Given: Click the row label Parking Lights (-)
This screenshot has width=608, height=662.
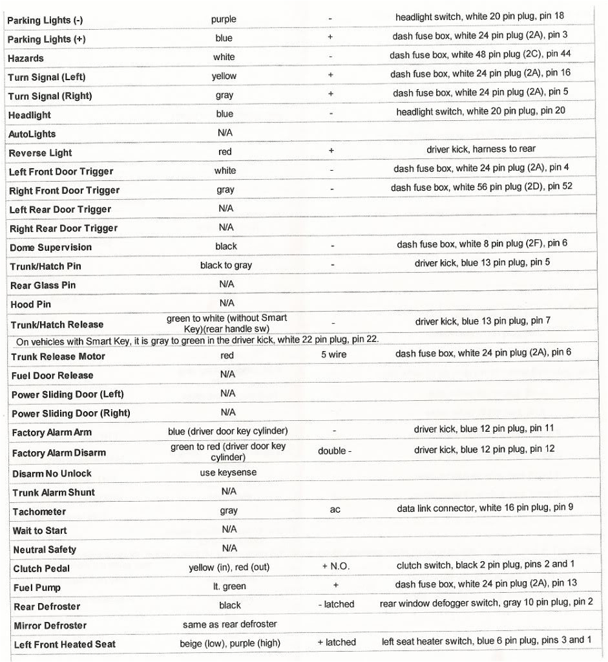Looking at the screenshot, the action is click(x=45, y=20).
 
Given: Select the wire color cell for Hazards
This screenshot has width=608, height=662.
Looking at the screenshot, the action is click(x=224, y=57).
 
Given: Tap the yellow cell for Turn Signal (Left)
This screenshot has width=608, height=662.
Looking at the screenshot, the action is click(x=224, y=76).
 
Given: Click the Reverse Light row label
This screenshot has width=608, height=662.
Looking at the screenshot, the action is click(x=41, y=153).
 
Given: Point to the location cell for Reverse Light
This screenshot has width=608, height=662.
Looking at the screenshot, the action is click(x=481, y=149).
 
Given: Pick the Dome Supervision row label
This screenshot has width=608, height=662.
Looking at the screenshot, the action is click(x=51, y=248).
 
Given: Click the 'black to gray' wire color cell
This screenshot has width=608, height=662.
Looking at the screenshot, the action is click(x=226, y=265).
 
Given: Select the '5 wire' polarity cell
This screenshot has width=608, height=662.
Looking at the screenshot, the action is click(x=333, y=354).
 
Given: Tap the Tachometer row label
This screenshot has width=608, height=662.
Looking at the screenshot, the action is click(x=39, y=511).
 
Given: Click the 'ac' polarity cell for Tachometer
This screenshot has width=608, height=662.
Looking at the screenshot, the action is click(x=335, y=509).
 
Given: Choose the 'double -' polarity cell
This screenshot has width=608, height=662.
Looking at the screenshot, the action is click(x=335, y=451).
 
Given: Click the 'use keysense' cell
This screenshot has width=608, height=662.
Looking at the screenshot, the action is click(x=228, y=473).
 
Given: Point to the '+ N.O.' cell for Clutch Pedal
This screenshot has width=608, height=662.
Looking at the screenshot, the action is click(x=335, y=566).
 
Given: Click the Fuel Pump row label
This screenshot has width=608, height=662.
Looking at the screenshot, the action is click(x=37, y=588).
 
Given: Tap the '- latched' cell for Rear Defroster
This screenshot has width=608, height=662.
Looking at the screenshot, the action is click(x=336, y=604).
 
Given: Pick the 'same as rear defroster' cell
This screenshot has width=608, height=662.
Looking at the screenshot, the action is click(x=229, y=624).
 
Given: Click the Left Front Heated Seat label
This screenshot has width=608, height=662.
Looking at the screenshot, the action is click(x=65, y=645).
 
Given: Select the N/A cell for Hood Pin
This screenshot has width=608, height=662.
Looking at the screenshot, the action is click(x=227, y=303).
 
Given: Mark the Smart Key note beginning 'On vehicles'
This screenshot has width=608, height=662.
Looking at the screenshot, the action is click(x=197, y=340).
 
